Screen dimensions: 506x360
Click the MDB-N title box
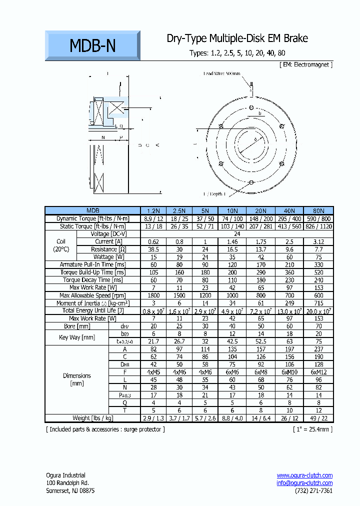(x=92, y=46)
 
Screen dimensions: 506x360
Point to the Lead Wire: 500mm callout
(x=221, y=73)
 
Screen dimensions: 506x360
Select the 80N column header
(x=319, y=210)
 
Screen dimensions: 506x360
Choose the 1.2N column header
(x=152, y=210)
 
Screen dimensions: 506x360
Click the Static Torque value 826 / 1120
(x=319, y=226)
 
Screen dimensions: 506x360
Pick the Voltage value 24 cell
(x=236, y=234)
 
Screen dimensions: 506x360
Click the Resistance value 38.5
(x=152, y=249)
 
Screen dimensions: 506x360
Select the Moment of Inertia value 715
(x=319, y=303)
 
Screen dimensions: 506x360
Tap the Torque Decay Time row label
(x=87, y=280)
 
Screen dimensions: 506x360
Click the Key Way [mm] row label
(x=76, y=337)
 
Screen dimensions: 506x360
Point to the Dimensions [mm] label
(x=76, y=379)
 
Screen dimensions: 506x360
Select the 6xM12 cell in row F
(x=319, y=372)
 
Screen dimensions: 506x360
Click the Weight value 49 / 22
(x=319, y=418)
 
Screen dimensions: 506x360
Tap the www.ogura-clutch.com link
(x=304, y=475)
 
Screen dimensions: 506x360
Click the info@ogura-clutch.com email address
(x=304, y=483)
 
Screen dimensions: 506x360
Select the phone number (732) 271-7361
(x=313, y=491)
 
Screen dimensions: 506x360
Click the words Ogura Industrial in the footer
(x=65, y=475)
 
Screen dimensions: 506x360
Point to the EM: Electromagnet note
(x=305, y=64)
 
